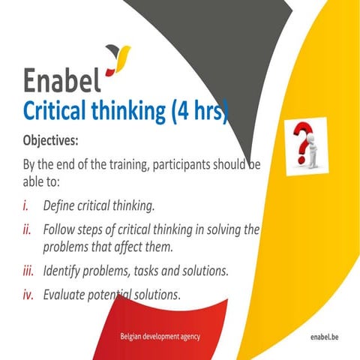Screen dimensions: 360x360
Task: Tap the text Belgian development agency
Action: (160, 337)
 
